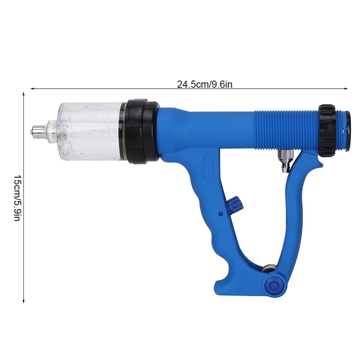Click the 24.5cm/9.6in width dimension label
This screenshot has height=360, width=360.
coord(205,84)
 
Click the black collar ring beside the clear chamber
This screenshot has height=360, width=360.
coord(142,131)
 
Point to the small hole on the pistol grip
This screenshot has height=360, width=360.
coord(220,213)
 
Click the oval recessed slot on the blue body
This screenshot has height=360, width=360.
coord(208,168)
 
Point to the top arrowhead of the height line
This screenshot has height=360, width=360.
coord(23,94)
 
